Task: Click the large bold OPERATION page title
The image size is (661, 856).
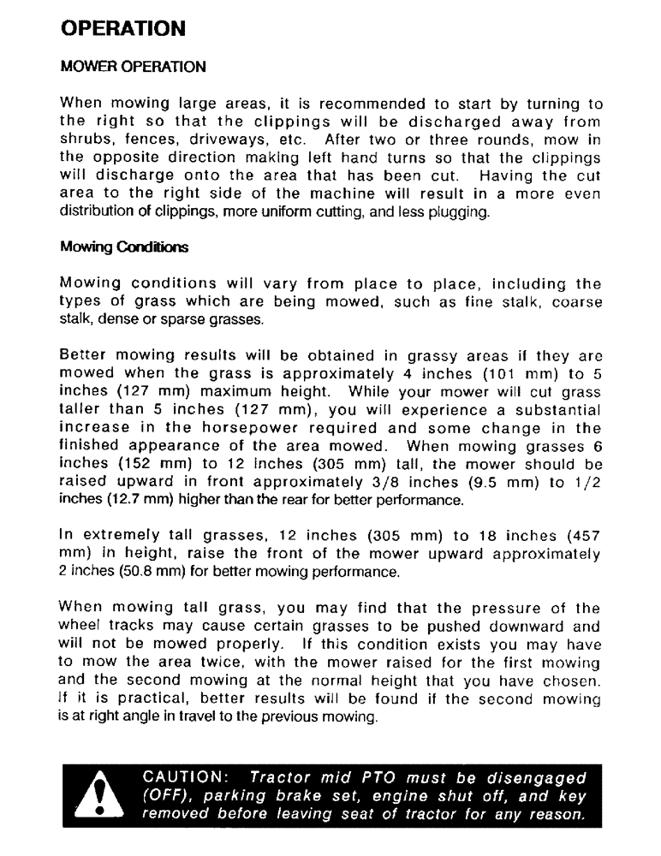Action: pyautogui.click(x=123, y=27)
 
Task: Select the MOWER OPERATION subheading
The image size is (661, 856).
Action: pyautogui.click(x=133, y=66)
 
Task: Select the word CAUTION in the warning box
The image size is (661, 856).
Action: pyautogui.click(x=182, y=779)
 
